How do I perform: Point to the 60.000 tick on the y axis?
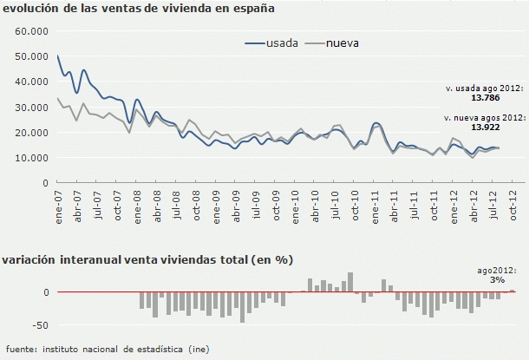[30, 31]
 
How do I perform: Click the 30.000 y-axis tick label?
[30, 108]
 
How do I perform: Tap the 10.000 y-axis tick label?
[30, 158]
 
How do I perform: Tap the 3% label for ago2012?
[496, 280]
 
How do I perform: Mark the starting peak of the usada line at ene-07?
[57, 56]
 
